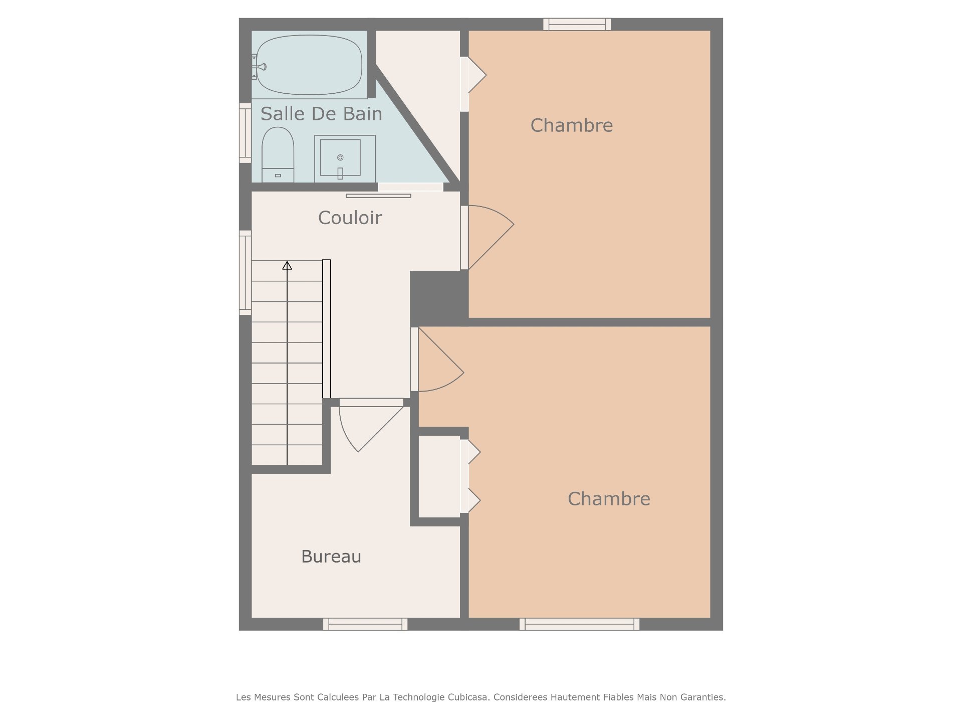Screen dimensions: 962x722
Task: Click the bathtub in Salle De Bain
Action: pyautogui.click(x=309, y=65)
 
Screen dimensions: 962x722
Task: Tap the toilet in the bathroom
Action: pyautogui.click(x=278, y=155)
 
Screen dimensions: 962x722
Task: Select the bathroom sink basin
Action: pyautogui.click(x=340, y=157)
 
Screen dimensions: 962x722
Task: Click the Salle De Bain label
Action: pyautogui.click(x=321, y=114)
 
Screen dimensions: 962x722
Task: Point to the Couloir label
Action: pyautogui.click(x=350, y=218)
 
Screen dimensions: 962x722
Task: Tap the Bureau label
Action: pyautogui.click(x=331, y=557)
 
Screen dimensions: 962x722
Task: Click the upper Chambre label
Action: pyautogui.click(x=572, y=125)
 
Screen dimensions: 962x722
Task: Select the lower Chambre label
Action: pyautogui.click(x=609, y=499)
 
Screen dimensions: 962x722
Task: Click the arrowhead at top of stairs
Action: pyautogui.click(x=287, y=265)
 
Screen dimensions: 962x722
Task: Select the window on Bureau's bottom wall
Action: pyautogui.click(x=365, y=624)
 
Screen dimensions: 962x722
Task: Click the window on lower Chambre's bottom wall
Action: pyautogui.click(x=580, y=624)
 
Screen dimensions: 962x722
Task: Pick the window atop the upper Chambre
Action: pyautogui.click(x=577, y=24)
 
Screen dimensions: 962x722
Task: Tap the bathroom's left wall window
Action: pyautogui.click(x=245, y=133)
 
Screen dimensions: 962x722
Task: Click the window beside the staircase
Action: pyautogui.click(x=245, y=273)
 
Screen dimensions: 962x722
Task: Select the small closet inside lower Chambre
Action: pyautogui.click(x=439, y=476)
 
